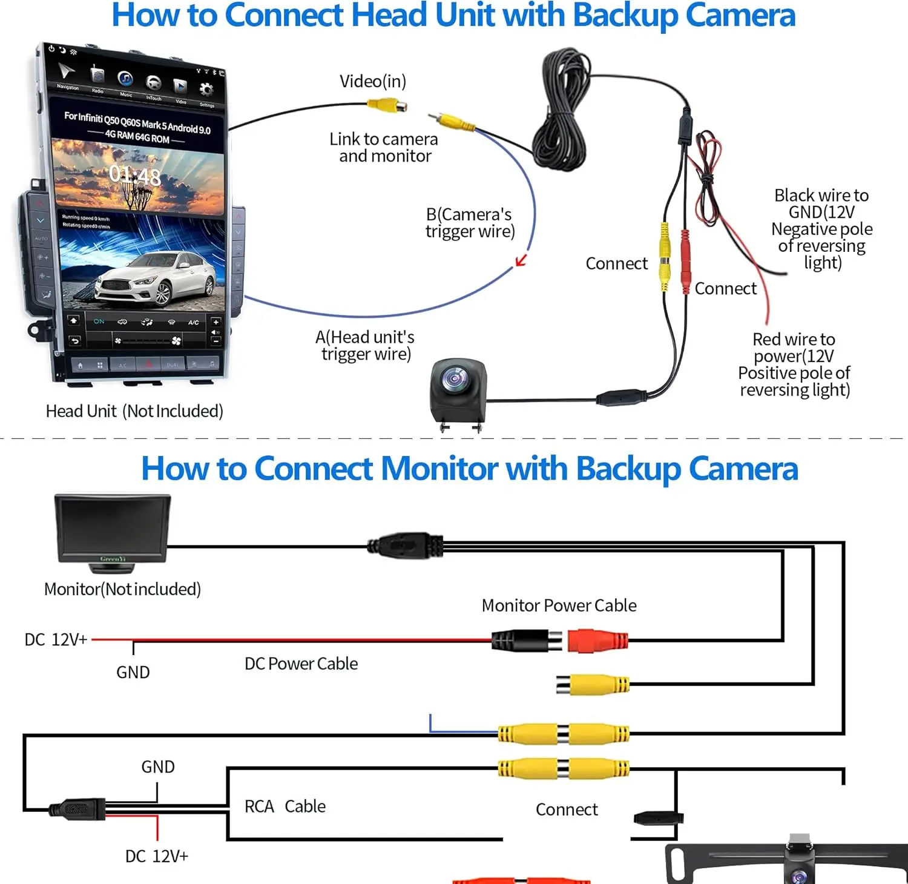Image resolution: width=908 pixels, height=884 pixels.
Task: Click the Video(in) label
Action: (372, 81)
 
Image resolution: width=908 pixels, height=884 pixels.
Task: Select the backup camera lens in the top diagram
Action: (455, 380)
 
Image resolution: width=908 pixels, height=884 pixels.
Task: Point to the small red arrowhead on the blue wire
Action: (520, 261)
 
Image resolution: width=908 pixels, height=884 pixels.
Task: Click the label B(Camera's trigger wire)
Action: (470, 223)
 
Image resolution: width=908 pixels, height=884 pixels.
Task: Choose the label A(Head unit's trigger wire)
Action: (366, 345)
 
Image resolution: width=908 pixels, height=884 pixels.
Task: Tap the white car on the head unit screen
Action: (156, 279)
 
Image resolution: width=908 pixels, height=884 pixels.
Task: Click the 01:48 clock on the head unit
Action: (135, 176)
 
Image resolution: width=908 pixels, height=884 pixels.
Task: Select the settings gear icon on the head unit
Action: (206, 90)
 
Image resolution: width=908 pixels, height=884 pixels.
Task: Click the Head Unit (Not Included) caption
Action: (134, 411)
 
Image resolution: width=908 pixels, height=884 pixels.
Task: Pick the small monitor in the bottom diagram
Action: (113, 530)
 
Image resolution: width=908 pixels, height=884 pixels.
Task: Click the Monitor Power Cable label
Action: (559, 605)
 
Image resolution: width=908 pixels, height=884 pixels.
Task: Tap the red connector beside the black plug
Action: (597, 641)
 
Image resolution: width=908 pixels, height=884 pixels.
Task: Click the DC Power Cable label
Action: (301, 664)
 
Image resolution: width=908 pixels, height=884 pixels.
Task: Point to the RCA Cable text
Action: (285, 806)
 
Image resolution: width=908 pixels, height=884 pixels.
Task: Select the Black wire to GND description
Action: (821, 229)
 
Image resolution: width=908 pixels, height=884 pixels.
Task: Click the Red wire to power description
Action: (794, 364)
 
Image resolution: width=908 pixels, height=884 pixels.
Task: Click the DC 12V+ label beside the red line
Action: (56, 640)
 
